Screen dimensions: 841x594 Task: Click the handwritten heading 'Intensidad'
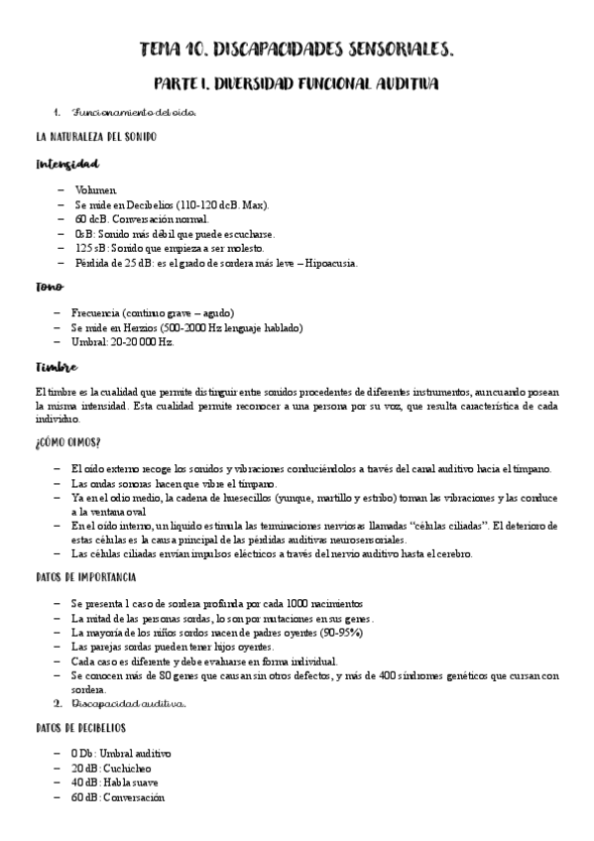click(65, 164)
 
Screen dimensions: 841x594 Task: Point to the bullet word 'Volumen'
click(95, 189)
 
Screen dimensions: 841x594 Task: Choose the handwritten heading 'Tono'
click(50, 288)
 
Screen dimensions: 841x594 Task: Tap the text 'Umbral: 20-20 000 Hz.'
click(123, 342)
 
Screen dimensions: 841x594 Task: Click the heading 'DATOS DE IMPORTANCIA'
click(85, 577)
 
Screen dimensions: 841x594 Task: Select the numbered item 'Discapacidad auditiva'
click(128, 704)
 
